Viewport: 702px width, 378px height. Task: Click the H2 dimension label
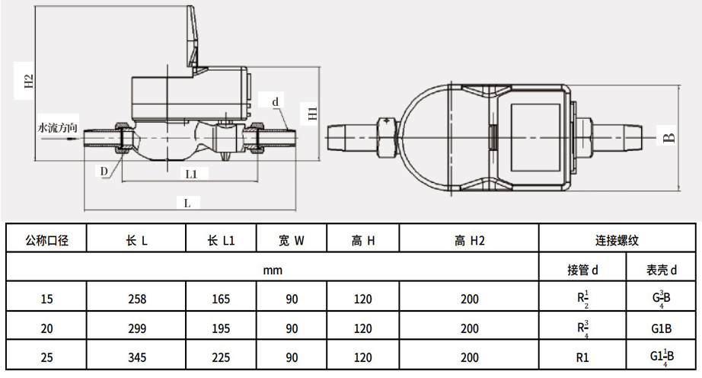click(x=28, y=82)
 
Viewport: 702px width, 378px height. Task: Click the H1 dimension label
click(x=312, y=114)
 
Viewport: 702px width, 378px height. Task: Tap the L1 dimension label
click(x=192, y=174)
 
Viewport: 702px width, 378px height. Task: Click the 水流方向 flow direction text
click(x=58, y=128)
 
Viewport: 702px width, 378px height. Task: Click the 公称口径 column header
click(x=47, y=241)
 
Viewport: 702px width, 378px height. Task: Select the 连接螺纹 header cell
click(x=616, y=241)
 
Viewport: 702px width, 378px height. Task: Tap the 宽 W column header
click(x=291, y=241)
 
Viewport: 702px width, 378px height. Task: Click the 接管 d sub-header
click(x=582, y=269)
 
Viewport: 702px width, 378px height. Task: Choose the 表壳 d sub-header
click(x=662, y=269)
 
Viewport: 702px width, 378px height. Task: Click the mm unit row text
click(x=273, y=269)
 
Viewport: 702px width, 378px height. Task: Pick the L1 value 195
click(x=221, y=328)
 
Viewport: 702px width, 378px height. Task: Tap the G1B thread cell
click(x=662, y=328)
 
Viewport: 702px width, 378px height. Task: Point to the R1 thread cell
click(x=582, y=357)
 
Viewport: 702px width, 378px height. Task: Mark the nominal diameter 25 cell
click(x=47, y=357)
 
